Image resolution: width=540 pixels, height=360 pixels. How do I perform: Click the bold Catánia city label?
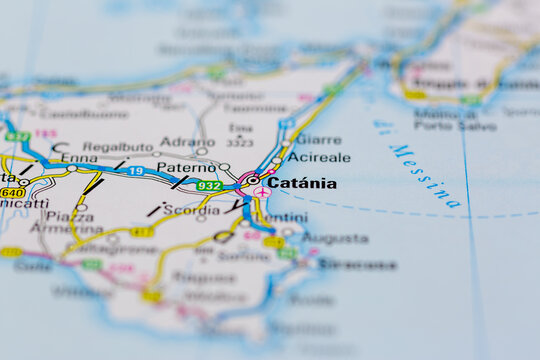(x=302, y=183)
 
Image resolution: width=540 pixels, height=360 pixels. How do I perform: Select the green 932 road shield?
(x=209, y=186)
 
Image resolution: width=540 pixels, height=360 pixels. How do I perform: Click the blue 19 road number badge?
(x=135, y=172)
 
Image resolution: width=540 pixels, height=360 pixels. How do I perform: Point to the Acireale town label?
(x=319, y=157)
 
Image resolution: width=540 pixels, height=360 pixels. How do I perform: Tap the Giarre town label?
(x=318, y=140)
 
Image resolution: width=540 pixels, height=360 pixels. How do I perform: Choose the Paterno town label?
(x=185, y=167)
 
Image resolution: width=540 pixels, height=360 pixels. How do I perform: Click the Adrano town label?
(x=187, y=142)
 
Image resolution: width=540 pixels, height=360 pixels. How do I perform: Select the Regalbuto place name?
(x=118, y=146)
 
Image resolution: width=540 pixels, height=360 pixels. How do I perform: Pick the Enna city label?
(x=80, y=157)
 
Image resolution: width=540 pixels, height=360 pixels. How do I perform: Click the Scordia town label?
(x=190, y=210)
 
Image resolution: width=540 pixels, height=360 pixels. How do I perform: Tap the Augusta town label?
(x=334, y=239)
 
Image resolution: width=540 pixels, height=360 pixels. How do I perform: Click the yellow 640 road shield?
(x=12, y=192)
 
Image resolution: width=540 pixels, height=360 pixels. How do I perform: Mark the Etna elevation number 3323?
(x=240, y=142)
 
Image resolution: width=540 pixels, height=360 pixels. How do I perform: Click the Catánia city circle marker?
(x=254, y=181)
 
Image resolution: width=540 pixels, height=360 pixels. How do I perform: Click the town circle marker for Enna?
(x=72, y=168)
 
